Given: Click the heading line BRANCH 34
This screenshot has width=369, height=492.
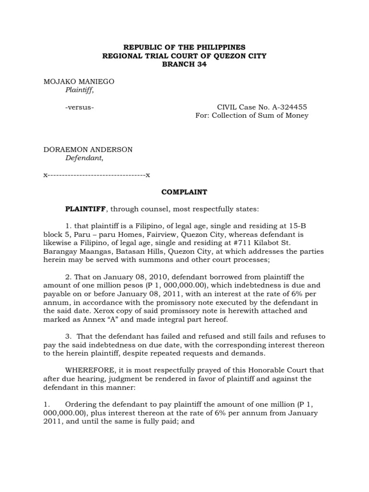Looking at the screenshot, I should tap(184, 65).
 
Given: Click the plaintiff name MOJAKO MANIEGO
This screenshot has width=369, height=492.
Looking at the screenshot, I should tap(79, 82).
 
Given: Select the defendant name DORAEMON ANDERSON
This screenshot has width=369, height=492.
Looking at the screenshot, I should tap(88, 149).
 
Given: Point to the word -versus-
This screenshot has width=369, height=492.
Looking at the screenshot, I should tap(79, 107).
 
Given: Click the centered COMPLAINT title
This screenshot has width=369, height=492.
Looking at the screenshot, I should tap(184, 192).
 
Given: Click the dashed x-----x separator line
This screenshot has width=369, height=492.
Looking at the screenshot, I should tap(97, 175).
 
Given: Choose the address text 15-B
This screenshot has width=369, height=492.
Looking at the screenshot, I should tap(316, 226).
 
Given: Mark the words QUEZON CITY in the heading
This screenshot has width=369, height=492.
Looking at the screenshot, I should tap(241, 56).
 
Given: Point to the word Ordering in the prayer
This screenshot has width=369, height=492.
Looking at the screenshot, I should tap(80, 404).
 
